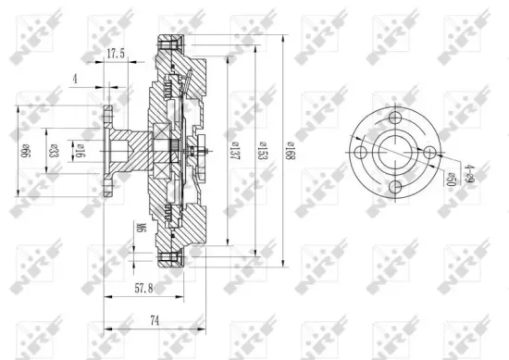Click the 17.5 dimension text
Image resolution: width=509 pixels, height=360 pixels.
click(116, 55)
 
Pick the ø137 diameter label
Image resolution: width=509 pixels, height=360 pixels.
click(235, 151)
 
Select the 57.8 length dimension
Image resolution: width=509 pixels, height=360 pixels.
click(144, 290)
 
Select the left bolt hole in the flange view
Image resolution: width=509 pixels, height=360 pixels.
click(363, 153)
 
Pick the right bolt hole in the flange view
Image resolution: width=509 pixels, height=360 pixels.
click(431, 153)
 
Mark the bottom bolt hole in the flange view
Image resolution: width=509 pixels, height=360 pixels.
click(397, 188)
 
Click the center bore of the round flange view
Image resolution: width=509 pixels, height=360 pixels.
click(397, 153)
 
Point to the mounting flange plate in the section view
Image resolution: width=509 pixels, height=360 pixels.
click(109, 151)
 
